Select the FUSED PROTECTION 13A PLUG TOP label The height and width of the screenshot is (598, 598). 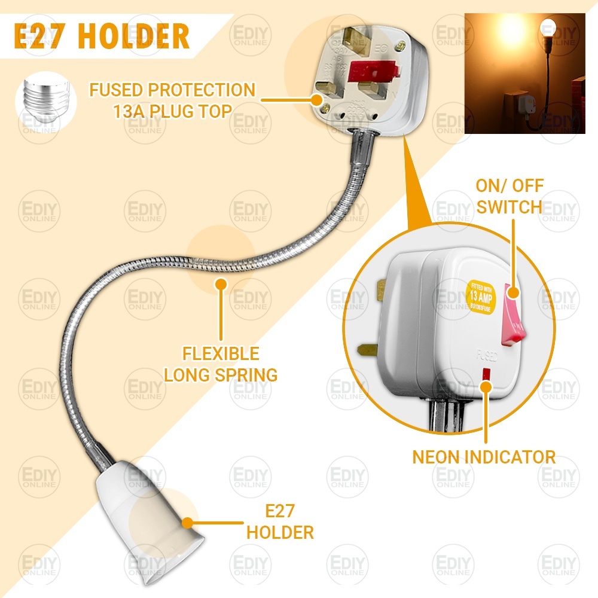(172, 100)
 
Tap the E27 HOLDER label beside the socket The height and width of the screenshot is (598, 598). (280, 521)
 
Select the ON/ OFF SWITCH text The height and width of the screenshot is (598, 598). (509, 196)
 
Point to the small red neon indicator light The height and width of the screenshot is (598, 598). (486, 374)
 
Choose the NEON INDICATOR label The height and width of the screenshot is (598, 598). (484, 457)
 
